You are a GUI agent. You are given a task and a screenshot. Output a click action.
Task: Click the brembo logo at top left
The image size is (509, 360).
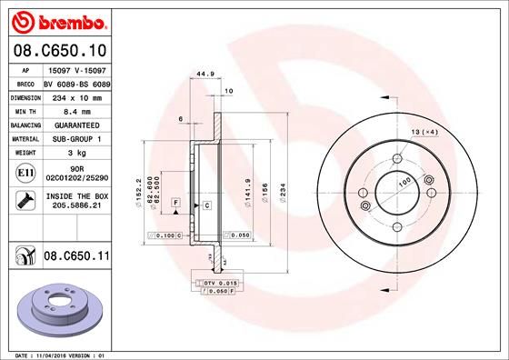(59, 21)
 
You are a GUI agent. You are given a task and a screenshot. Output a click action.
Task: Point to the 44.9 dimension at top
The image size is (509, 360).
(204, 76)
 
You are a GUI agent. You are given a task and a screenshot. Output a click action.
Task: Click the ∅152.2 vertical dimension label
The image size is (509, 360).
(137, 191)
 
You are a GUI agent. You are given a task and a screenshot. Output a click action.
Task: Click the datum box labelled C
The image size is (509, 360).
(206, 205)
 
